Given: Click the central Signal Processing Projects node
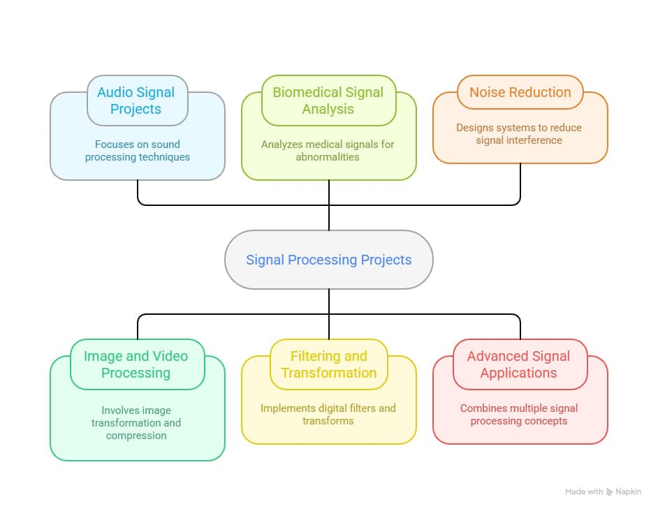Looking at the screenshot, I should click(x=328, y=260).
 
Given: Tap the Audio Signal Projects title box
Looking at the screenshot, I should click(x=136, y=101).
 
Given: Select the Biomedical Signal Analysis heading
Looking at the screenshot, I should click(x=328, y=101).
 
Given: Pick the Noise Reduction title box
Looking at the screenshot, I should click(x=520, y=92).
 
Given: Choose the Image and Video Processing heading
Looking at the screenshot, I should click(x=136, y=364).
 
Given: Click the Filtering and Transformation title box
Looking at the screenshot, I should click(x=328, y=364).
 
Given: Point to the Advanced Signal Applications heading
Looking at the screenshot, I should click(x=519, y=364).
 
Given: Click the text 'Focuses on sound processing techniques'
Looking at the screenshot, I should click(x=137, y=151).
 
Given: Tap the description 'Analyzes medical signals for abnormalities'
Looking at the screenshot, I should click(x=328, y=151).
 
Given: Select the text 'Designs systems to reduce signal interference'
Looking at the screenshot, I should click(x=519, y=134).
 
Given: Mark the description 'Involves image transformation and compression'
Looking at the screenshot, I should click(x=136, y=423).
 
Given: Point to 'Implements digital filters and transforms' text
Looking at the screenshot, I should click(x=328, y=415).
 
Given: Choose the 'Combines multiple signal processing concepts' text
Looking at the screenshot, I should click(x=519, y=415).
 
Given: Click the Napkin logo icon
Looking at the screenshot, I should click(x=610, y=492).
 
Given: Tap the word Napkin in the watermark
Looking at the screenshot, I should click(x=629, y=492).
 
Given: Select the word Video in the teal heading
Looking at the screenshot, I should click(x=168, y=356).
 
